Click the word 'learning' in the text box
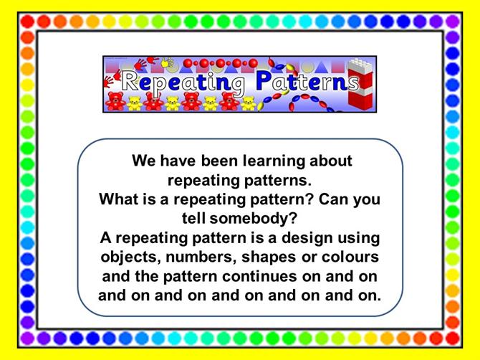(x=274, y=161)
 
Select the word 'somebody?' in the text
(x=254, y=219)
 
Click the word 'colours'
(x=350, y=257)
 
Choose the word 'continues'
(x=259, y=276)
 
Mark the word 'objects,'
(x=131, y=257)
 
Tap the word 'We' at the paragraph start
(x=143, y=161)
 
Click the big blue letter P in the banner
(x=264, y=80)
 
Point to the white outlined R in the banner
(x=130, y=81)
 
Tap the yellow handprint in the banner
(x=168, y=62)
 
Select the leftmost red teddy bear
(x=115, y=101)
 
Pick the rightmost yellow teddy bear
(x=249, y=103)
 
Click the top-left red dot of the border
(x=27, y=22)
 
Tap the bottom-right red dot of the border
(x=453, y=338)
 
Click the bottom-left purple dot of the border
(x=27, y=338)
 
